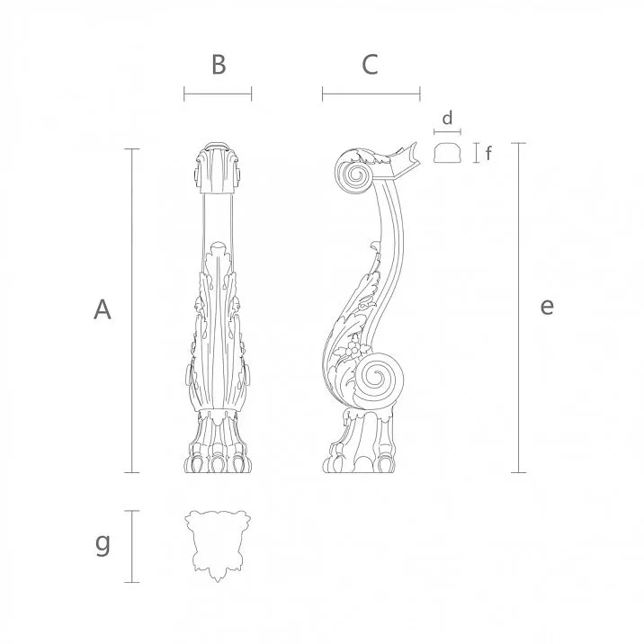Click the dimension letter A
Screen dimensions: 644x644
tap(103, 309)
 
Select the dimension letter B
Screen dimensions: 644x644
tap(218, 65)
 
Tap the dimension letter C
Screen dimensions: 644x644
tap(370, 65)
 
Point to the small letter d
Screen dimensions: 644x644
tap(447, 117)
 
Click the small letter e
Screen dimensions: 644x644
tap(547, 307)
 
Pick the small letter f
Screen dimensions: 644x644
tap(488, 153)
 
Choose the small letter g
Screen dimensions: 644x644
tap(103, 543)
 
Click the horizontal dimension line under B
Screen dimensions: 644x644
tap(218, 94)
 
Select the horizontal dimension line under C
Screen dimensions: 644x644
tap(371, 93)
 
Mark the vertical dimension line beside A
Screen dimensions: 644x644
tap(135, 309)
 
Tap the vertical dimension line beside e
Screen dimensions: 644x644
tap(518, 307)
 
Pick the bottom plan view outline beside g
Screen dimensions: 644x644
tap(217, 543)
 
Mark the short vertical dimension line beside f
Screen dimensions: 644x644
tap(476, 153)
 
